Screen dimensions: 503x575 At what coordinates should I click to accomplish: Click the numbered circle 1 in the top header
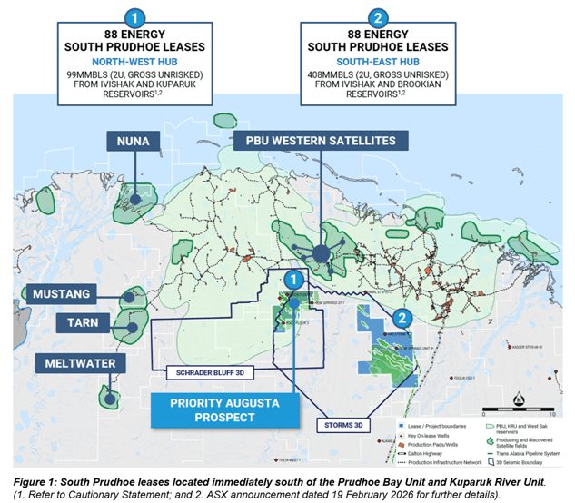134,17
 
